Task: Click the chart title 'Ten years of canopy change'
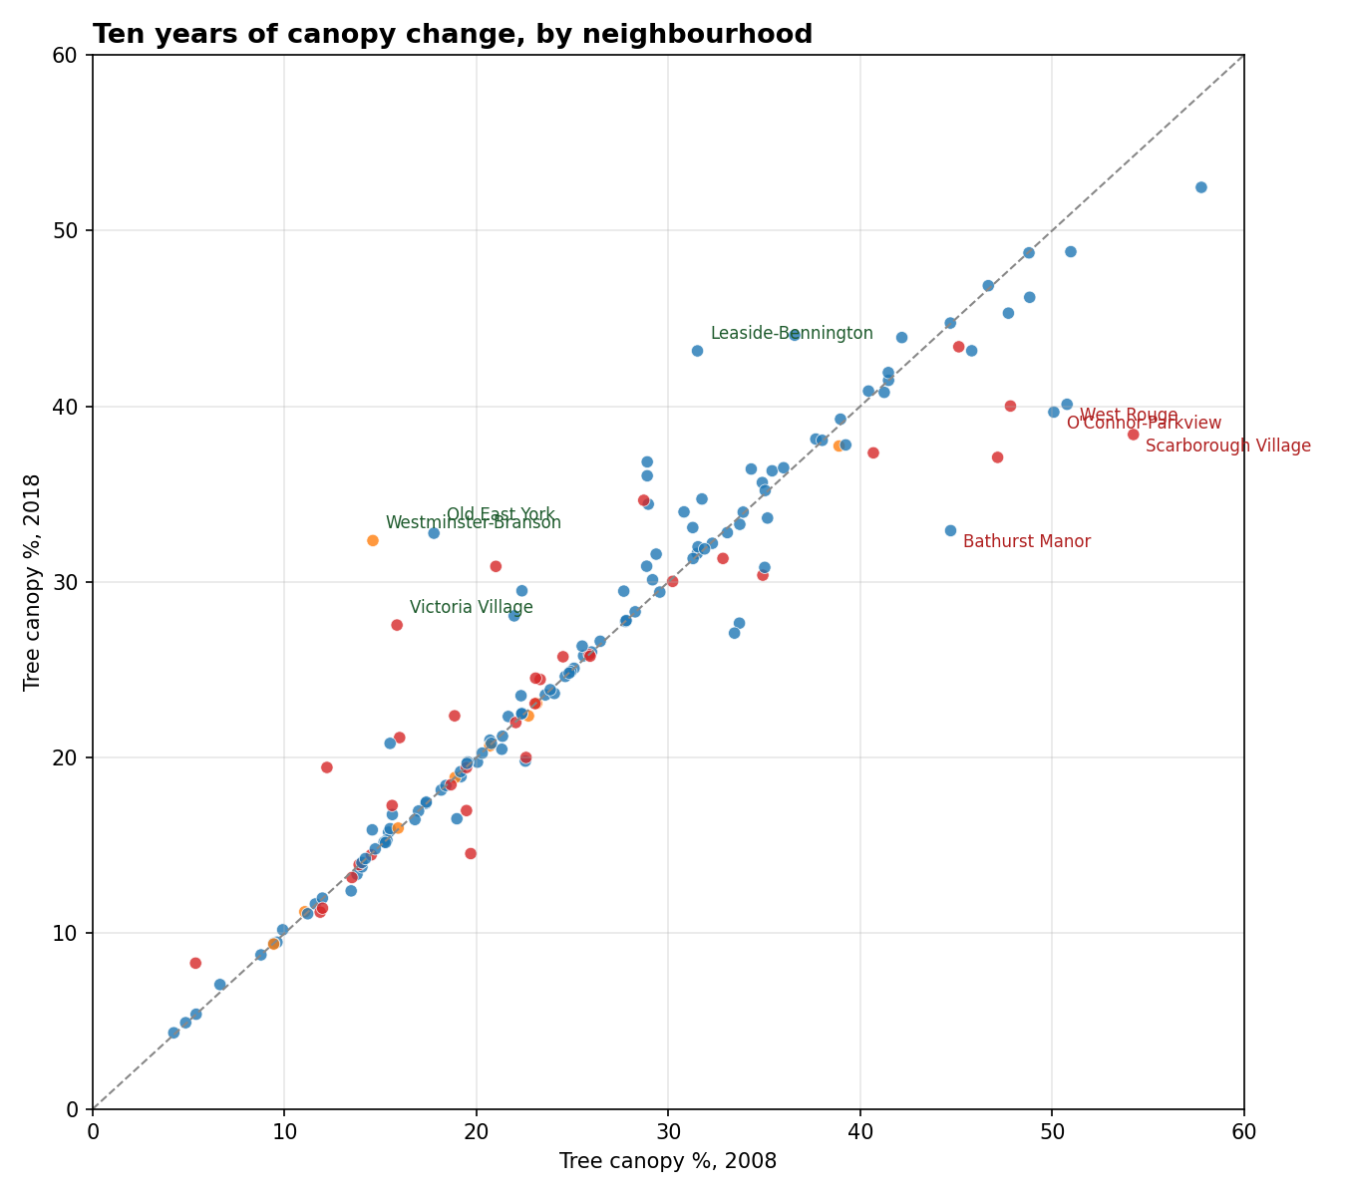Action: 452,35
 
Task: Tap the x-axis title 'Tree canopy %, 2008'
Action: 667,1161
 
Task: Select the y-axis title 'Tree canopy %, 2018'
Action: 33,582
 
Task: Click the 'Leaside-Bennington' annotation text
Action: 792,333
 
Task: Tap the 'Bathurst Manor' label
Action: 1026,541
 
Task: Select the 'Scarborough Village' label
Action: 1227,446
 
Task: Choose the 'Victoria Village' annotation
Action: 471,607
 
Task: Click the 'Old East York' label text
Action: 501,514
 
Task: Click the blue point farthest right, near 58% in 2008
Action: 1200,187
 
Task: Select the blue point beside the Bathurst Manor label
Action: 950,531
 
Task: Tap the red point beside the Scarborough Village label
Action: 1133,435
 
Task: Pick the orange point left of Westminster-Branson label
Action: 373,540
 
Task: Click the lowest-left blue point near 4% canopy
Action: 173,1033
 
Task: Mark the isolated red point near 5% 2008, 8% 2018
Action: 195,963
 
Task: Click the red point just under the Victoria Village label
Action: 397,625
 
